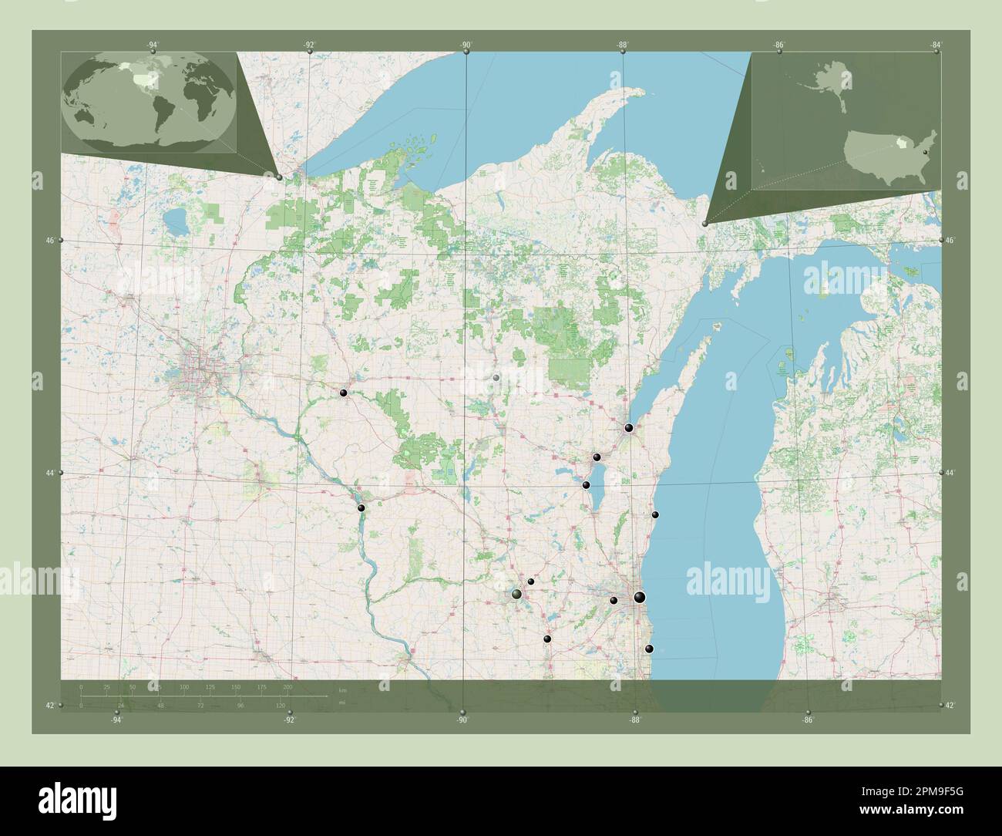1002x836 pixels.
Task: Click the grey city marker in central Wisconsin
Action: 496,378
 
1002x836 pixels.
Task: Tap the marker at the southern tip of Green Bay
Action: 629,427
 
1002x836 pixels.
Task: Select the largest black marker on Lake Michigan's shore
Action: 639,597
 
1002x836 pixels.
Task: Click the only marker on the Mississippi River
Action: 361,507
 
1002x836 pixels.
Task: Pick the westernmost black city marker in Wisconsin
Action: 343,393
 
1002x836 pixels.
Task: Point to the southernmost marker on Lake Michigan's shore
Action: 649,649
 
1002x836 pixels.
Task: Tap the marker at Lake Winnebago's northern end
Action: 597,457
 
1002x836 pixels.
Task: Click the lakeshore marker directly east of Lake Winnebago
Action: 655,514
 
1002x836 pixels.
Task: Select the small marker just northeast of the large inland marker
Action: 531,581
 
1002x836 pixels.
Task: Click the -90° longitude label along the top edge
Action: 466,45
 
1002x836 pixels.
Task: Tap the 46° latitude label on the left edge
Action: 49,241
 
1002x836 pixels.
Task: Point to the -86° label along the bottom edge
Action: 808,720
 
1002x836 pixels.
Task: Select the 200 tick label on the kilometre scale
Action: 287,686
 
